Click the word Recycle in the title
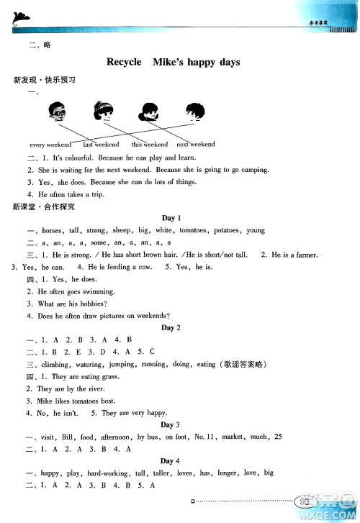point(124,63)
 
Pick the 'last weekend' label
point(101,145)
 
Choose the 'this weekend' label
point(146,145)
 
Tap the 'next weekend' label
point(195,145)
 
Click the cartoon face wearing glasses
point(58,112)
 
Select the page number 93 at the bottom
point(308,501)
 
